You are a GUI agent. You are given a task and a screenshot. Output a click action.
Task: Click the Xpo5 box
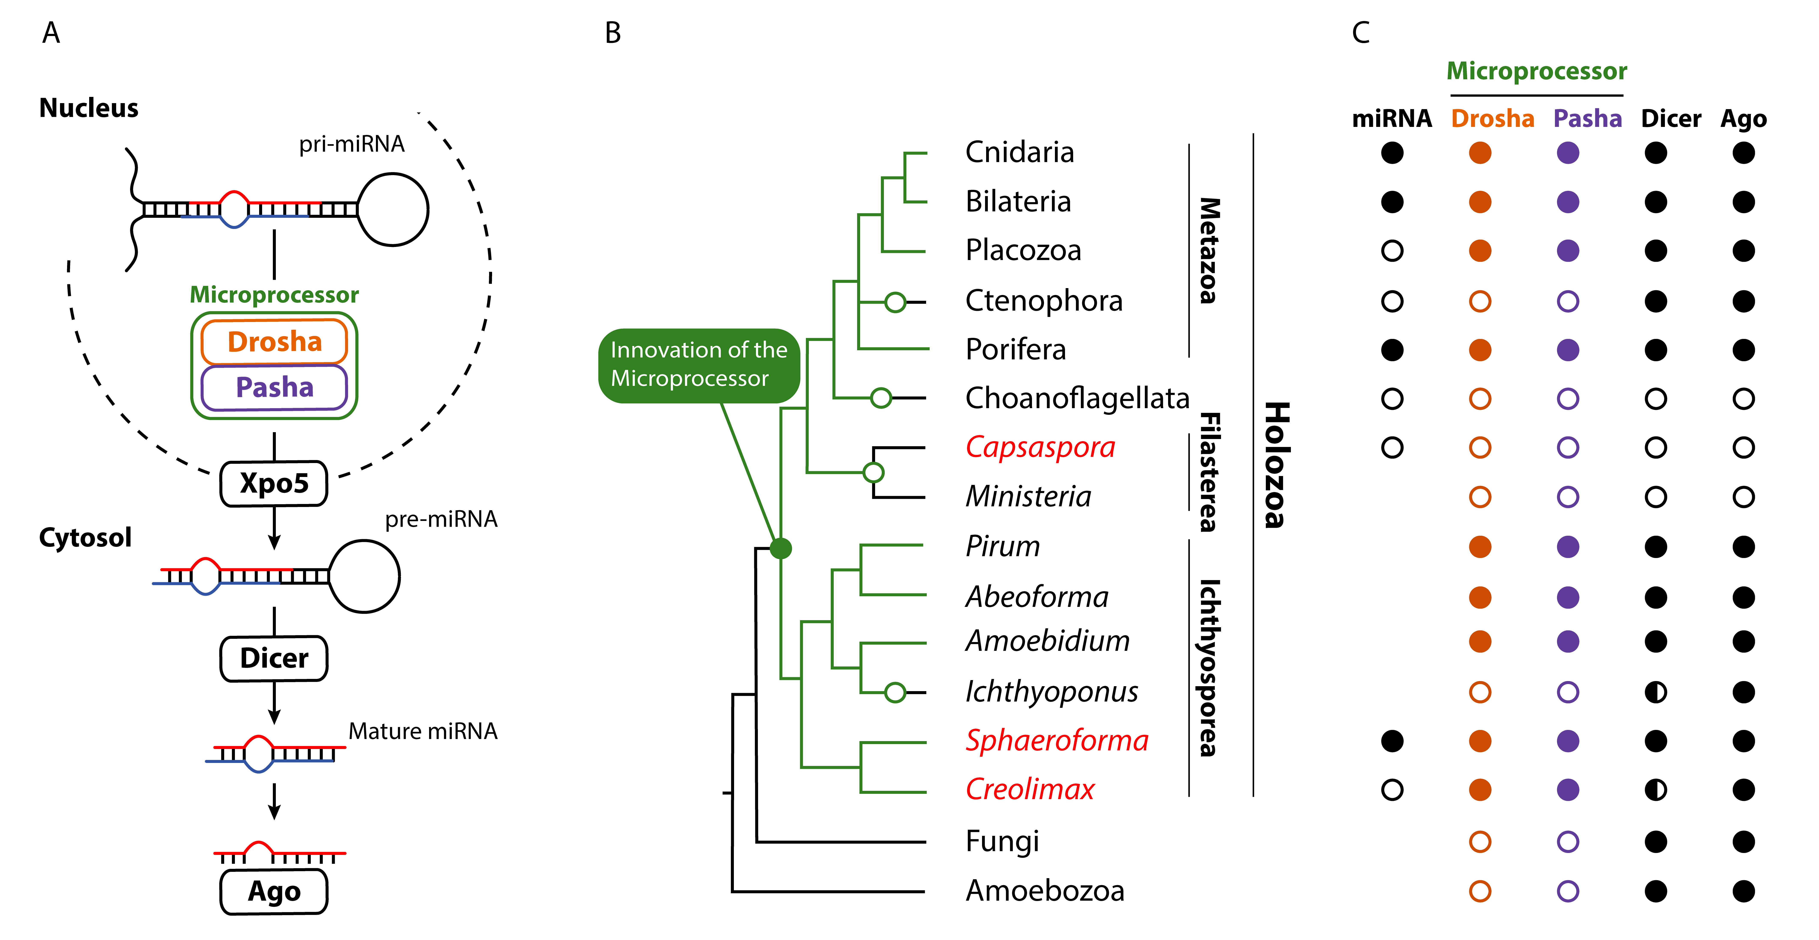tap(274, 484)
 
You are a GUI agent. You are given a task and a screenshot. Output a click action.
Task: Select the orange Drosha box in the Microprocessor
tap(274, 342)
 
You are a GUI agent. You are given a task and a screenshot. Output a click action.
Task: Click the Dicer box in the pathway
tap(274, 658)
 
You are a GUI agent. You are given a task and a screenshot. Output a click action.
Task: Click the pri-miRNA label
tap(352, 144)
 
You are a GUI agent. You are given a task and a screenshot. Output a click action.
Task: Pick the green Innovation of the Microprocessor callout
tap(699, 365)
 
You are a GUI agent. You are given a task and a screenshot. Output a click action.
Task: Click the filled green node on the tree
tap(780, 548)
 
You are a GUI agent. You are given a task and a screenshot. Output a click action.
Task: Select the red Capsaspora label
tap(1040, 448)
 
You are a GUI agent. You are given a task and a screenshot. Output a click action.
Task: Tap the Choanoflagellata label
tap(1078, 398)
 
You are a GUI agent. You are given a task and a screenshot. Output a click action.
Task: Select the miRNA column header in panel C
tap(1392, 119)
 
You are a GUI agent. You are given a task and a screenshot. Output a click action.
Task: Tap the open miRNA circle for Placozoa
tap(1392, 251)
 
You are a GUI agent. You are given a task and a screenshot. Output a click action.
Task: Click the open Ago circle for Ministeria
tap(1743, 497)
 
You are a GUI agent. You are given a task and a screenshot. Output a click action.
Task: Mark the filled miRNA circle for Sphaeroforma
tap(1392, 741)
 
